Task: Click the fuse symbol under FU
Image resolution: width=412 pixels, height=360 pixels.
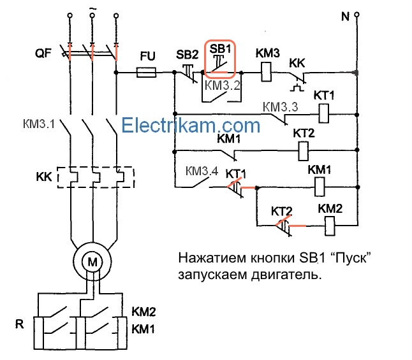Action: pos(147,73)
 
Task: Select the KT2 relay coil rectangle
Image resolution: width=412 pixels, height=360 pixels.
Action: pos(304,151)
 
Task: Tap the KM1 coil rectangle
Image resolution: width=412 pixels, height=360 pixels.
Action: pos(320,187)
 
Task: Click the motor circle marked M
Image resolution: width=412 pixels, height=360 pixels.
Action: pos(92,260)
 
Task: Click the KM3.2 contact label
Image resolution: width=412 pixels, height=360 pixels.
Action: pos(223,84)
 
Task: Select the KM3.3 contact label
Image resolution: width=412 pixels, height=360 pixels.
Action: pos(281,107)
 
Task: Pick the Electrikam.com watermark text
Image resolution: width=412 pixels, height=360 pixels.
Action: pos(191,124)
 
